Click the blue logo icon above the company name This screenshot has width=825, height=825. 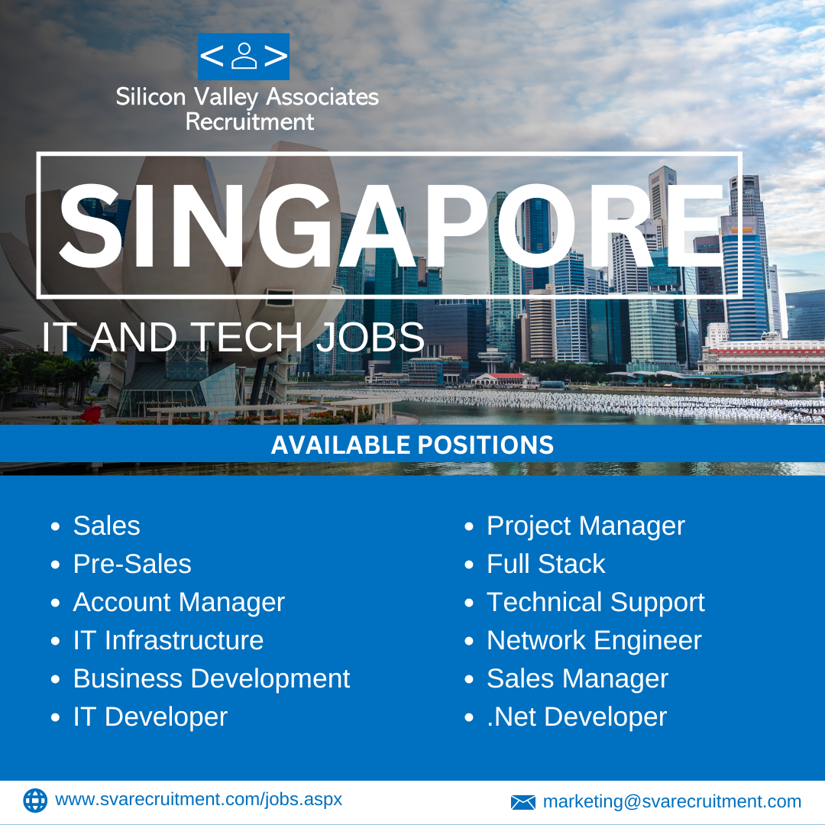(244, 57)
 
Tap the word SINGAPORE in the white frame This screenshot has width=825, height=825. (391, 226)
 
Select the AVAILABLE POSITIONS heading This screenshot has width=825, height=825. (412, 445)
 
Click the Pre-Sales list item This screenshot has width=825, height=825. (132, 564)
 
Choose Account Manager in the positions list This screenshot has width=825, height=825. (179, 603)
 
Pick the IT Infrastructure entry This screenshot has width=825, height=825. (168, 640)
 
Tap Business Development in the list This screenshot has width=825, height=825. (212, 679)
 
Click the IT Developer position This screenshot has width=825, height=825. (150, 717)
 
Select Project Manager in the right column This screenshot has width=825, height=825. (586, 526)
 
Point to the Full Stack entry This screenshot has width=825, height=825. (546, 564)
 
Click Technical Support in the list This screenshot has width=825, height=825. (596, 603)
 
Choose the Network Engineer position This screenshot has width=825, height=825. (594, 641)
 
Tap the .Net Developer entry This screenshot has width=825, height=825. (577, 717)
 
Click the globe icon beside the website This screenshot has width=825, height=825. (35, 801)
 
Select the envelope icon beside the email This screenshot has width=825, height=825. (523, 802)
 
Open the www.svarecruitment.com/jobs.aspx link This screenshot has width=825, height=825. (199, 800)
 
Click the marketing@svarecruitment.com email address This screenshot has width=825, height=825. (672, 802)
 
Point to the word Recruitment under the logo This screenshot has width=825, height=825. (250, 122)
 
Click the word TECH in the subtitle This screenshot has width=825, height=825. (246, 337)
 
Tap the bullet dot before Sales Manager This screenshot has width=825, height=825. (469, 679)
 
